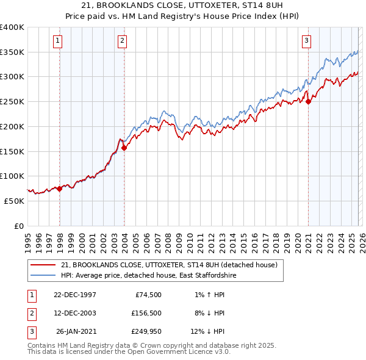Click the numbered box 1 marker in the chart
pyautogui.click(x=57, y=41)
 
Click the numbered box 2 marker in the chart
pyautogui.click(x=122, y=41)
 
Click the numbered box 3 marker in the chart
pyautogui.click(x=306, y=41)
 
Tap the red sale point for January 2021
pyautogui.click(x=309, y=102)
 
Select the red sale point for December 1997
pyautogui.click(x=60, y=189)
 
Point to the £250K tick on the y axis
pyautogui.click(x=12, y=101)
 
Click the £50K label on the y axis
pyautogui.click(x=14, y=201)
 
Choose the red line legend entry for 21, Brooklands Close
pyautogui.click(x=169, y=265)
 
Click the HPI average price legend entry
pyautogui.click(x=148, y=276)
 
